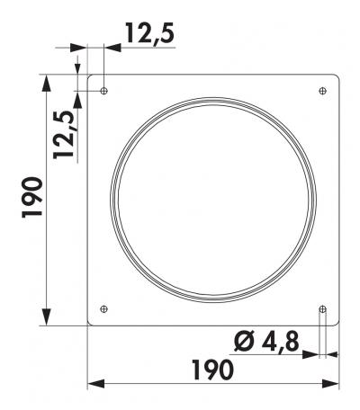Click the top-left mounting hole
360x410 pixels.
(103, 91)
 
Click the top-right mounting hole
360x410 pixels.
(323, 91)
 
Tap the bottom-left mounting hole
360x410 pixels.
(103, 308)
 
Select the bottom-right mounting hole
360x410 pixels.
(323, 308)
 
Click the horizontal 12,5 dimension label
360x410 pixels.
(150, 33)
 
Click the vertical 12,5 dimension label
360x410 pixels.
(64, 134)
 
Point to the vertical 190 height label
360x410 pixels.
(32, 197)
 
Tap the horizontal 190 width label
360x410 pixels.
(212, 370)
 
